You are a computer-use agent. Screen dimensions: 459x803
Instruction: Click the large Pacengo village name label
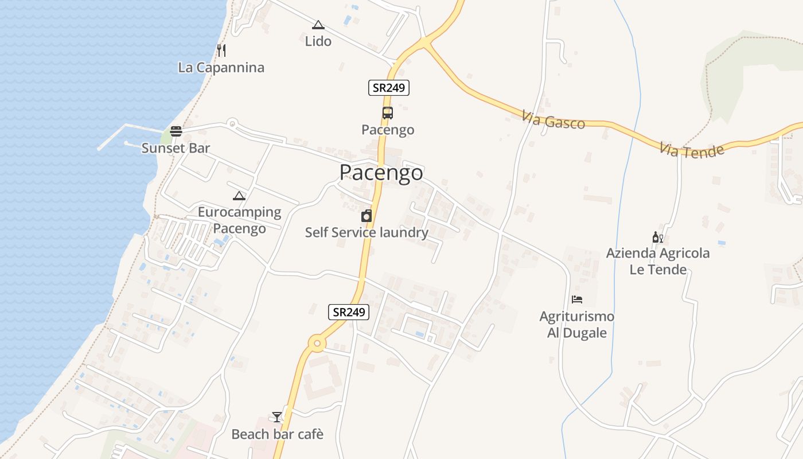point(381,172)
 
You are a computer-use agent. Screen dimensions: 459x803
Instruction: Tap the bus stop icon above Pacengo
point(388,112)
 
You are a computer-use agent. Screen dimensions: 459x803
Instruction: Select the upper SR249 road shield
point(388,88)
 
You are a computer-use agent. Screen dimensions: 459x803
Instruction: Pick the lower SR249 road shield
point(349,312)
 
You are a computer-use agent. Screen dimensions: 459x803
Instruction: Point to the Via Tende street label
point(691,150)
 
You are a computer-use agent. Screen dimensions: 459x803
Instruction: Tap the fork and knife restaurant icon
point(221,50)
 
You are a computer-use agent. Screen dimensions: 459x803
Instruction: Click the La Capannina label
point(221,68)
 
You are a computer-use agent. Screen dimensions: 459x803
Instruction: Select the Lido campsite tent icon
point(318,25)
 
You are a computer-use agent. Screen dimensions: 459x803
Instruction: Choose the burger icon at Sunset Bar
point(176,131)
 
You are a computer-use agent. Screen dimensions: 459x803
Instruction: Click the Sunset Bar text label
point(176,148)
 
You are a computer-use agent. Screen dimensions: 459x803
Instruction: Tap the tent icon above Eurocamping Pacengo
point(239,196)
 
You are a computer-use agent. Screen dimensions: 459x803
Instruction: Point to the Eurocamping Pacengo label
point(239,220)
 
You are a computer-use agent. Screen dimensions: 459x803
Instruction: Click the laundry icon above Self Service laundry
point(366,216)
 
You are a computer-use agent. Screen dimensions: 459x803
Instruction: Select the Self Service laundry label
point(367,232)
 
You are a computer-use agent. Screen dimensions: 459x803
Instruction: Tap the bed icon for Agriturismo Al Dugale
point(577,299)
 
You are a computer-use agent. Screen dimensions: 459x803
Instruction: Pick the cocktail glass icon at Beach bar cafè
point(277,417)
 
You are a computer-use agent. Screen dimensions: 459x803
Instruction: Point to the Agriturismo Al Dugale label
point(577,325)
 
